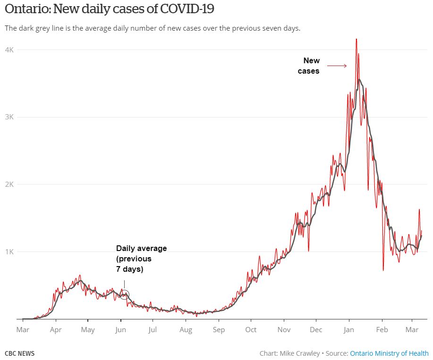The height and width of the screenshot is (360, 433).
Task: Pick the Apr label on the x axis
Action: (56, 330)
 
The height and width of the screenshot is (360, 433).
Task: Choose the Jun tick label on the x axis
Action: (120, 330)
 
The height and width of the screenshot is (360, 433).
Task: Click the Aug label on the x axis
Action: (186, 330)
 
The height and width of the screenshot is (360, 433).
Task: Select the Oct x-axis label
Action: (251, 330)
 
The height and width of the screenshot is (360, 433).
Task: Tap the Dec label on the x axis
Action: (316, 330)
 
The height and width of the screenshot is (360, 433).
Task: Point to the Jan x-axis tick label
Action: (349, 330)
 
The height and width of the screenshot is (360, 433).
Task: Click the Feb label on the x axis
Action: (382, 330)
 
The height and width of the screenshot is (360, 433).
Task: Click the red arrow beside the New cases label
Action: (337, 66)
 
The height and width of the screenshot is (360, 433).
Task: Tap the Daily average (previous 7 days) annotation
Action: (141, 259)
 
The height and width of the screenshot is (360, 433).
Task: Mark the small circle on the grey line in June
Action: (124, 295)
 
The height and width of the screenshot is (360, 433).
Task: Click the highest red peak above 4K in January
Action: (357, 40)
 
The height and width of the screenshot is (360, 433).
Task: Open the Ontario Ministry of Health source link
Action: (389, 353)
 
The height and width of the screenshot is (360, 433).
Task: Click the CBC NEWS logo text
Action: (19, 353)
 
